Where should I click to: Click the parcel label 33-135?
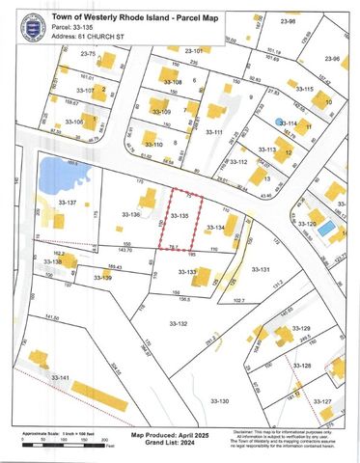tap(178, 217)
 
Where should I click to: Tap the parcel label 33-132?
tap(178, 323)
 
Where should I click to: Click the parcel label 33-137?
tap(66, 204)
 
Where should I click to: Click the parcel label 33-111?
tap(212, 132)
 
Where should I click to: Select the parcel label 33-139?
tap(102, 278)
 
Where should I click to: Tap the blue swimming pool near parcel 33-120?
tap(327, 229)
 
